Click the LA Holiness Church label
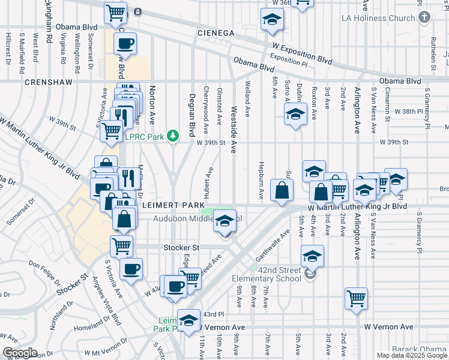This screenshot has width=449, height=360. (x=378, y=18)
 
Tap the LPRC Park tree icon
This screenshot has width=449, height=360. (x=173, y=136)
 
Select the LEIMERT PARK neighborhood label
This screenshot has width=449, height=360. (x=170, y=205)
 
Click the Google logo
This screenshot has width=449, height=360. (x=20, y=353)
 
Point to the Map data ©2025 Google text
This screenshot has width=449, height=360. (x=412, y=355)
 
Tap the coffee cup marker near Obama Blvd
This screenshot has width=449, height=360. (x=125, y=43)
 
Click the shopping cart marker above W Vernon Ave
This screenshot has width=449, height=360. (x=356, y=298)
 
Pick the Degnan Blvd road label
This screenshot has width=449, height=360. (x=193, y=114)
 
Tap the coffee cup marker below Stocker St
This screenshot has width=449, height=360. (x=131, y=269)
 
